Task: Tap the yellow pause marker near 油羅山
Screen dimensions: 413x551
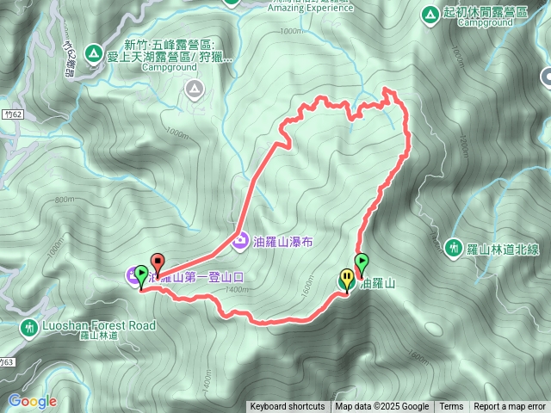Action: tap(346, 279)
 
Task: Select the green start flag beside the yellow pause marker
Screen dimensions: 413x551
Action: tap(362, 262)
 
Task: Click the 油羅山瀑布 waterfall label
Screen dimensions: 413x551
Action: tap(282, 243)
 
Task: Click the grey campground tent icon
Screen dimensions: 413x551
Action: tap(195, 87)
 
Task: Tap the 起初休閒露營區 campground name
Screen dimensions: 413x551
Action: tap(490, 14)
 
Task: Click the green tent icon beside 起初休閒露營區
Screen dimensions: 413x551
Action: tap(430, 15)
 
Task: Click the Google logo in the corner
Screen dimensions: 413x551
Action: tap(33, 401)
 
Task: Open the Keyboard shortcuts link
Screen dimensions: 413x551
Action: tap(288, 407)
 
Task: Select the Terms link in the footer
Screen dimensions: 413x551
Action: tap(451, 407)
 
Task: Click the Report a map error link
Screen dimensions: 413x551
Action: tap(510, 407)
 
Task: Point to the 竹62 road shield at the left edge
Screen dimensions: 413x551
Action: tap(10, 113)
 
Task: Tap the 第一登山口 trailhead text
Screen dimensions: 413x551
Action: tap(208, 278)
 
